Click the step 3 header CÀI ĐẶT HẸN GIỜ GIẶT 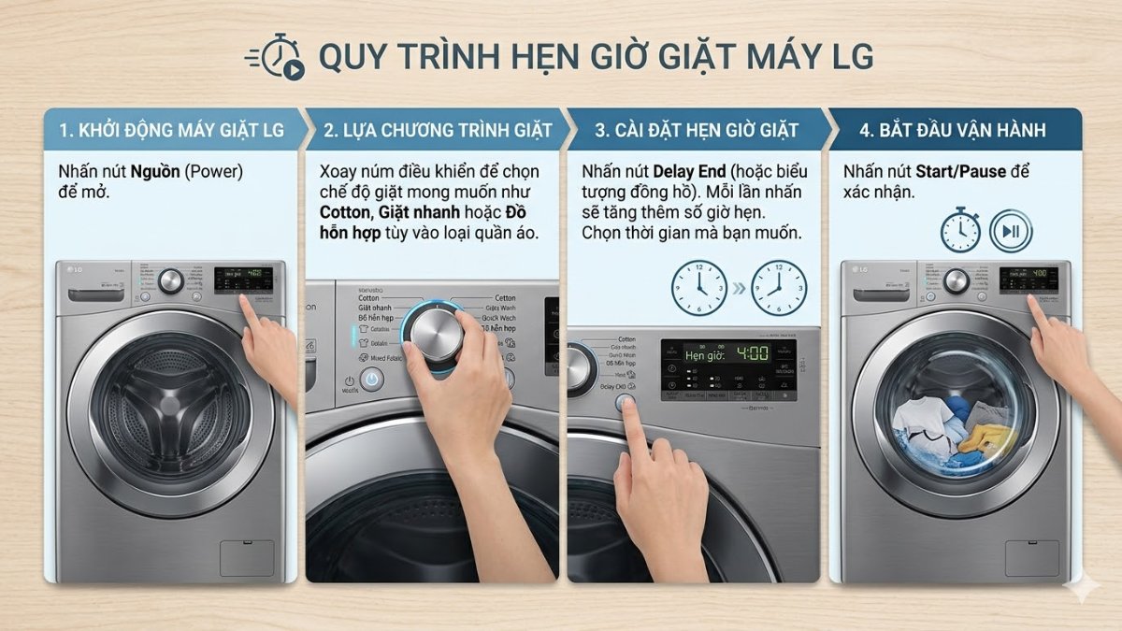coord(697,130)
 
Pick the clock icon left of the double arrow coord(698,287)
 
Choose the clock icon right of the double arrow coord(780,287)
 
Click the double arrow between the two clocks coord(739,288)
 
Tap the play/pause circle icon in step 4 coord(1011,231)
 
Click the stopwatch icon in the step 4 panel coord(960,230)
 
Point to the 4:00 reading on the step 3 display coord(752,354)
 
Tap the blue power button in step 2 coord(372,380)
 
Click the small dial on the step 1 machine coord(170,280)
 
